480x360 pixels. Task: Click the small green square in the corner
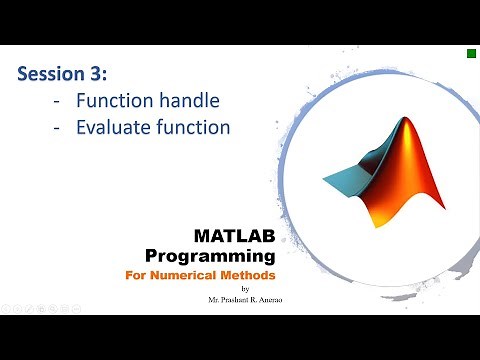pyautogui.click(x=469, y=53)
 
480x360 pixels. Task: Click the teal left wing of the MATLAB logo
pyautogui.click(x=345, y=179)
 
